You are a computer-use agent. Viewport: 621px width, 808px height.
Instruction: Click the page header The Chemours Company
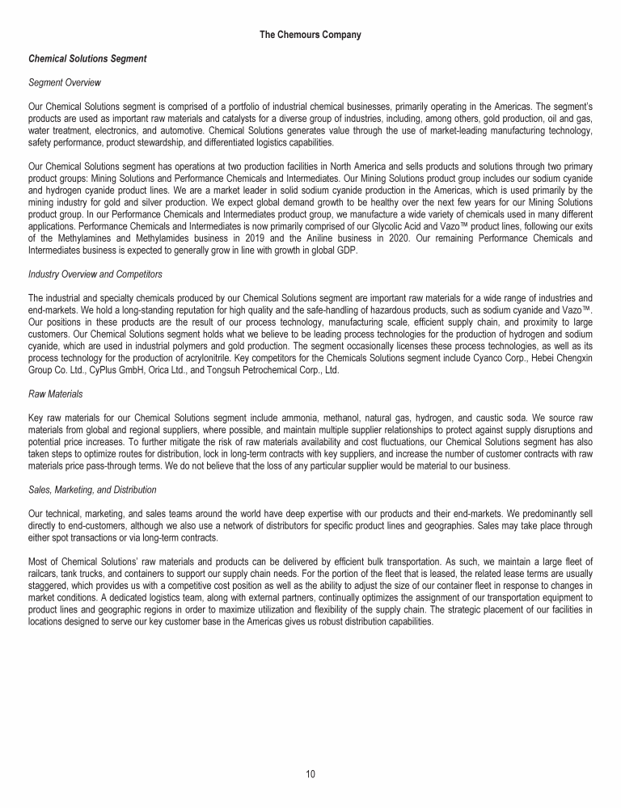[310, 35]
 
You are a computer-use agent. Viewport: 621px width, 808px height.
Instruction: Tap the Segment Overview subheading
[61, 83]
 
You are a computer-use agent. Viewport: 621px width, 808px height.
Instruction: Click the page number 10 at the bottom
[310, 774]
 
